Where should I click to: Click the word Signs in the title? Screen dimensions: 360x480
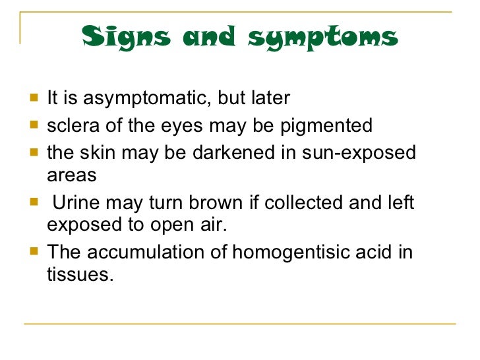(125, 37)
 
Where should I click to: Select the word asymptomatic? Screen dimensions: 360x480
(130, 99)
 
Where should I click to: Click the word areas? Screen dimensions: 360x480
(71, 176)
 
